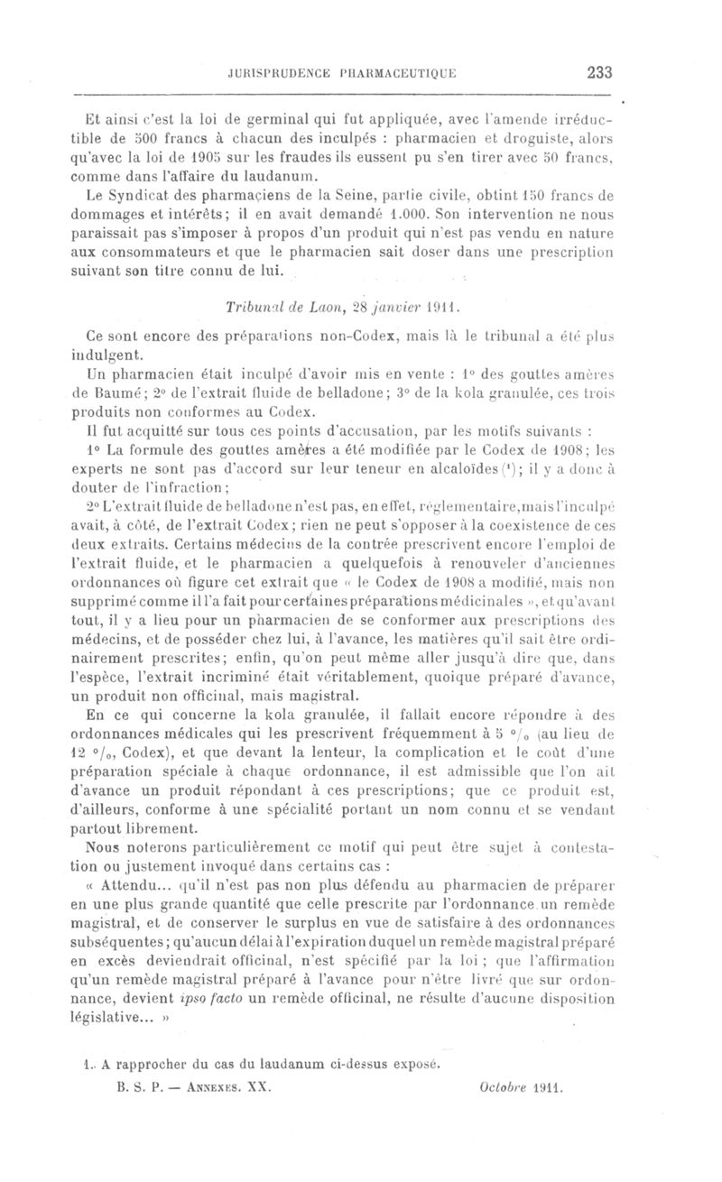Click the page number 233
coord(599,74)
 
